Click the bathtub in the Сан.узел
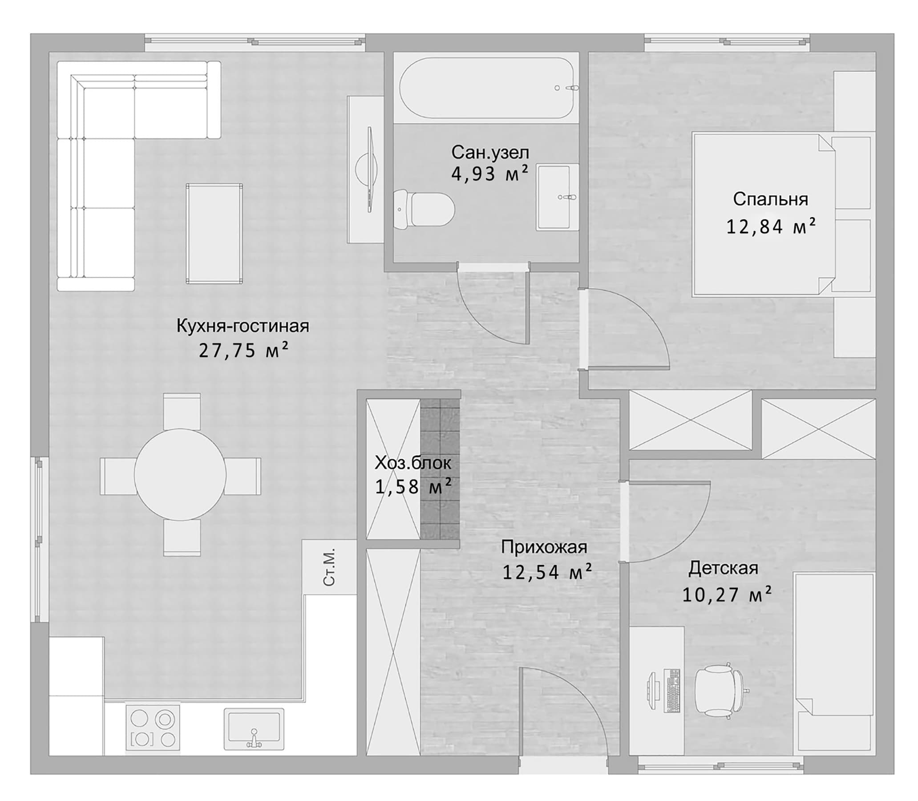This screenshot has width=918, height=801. point(486,88)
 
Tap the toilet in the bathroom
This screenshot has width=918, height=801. point(424,209)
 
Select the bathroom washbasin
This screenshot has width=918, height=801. point(557,197)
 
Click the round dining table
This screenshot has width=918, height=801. point(180,474)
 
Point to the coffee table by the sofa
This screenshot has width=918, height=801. point(214,233)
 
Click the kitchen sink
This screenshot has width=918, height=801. point(254,728)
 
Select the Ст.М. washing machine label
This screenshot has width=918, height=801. point(329,567)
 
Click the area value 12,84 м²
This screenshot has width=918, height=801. point(771,227)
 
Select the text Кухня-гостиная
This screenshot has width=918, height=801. point(243,326)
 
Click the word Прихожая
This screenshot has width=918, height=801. point(544,546)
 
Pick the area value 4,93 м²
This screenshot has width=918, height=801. point(490,173)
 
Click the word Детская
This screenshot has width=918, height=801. point(723,568)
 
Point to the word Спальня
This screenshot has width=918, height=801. point(770,199)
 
